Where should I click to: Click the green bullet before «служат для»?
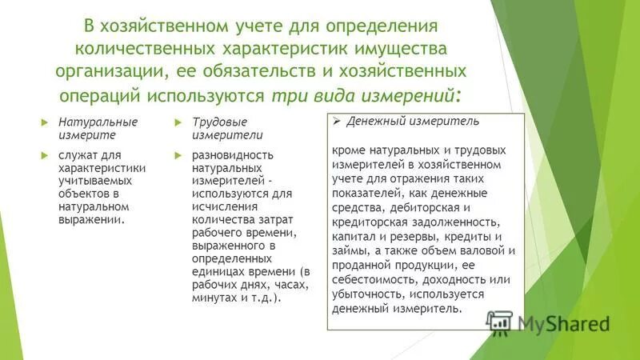(45, 153)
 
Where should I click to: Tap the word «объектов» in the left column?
(78, 193)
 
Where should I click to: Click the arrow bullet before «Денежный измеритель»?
(337, 122)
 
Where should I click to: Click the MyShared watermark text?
(563, 324)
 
